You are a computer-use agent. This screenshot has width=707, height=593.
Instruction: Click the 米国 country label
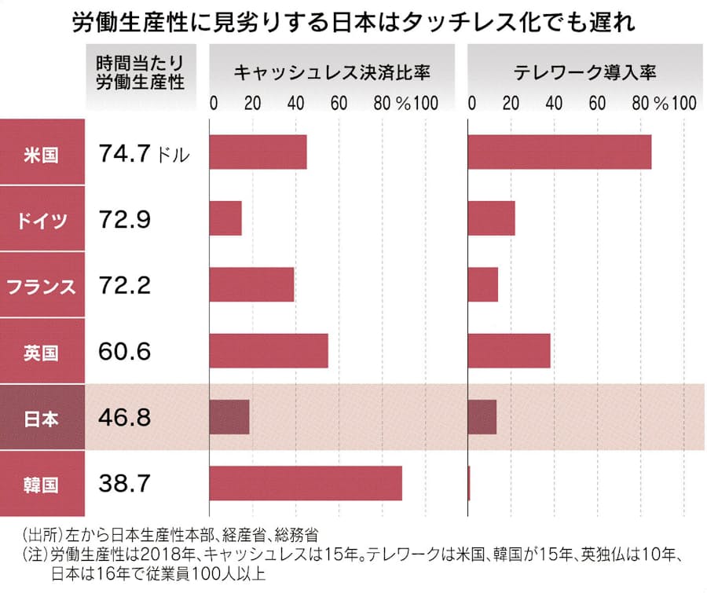[x=41, y=152]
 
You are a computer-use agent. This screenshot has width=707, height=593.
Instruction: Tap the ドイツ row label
[x=41, y=218]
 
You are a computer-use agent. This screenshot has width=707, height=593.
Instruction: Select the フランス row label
[x=41, y=284]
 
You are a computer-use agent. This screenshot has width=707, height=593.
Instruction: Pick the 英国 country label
[x=41, y=351]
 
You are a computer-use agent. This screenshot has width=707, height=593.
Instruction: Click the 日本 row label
[x=41, y=417]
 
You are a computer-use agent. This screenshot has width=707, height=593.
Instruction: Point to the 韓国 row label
[x=41, y=483]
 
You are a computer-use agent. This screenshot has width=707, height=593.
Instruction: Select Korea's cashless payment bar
[x=306, y=483]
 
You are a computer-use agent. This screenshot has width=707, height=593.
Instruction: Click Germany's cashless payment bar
[x=225, y=218]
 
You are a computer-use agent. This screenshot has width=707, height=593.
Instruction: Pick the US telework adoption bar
[x=560, y=152]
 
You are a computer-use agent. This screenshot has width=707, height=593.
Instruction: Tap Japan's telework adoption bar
[x=482, y=417]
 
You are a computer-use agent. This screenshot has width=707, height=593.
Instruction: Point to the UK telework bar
[x=509, y=351]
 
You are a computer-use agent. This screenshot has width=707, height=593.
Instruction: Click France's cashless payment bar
[x=251, y=284]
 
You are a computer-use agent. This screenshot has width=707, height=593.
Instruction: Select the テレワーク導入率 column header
[x=585, y=73]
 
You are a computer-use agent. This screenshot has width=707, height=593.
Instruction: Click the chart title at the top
[x=353, y=23]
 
